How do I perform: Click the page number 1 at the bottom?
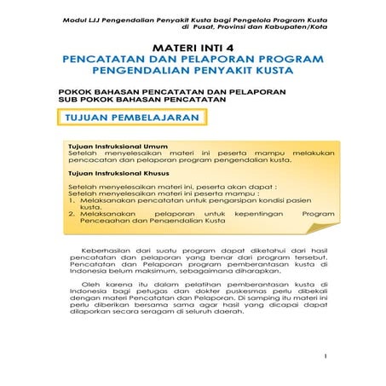pos(326,357)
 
